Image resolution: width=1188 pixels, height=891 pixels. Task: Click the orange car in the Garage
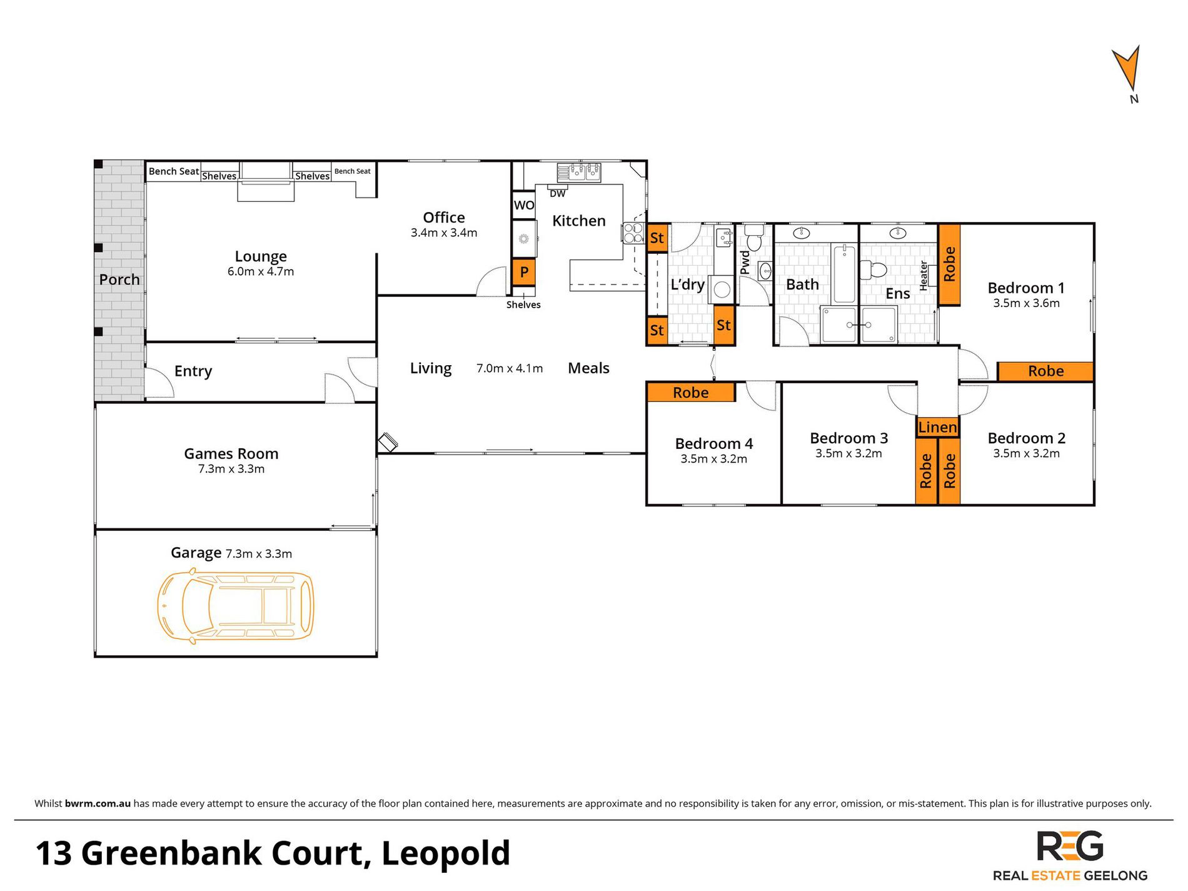235,605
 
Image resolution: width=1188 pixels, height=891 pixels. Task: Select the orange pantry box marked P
524,272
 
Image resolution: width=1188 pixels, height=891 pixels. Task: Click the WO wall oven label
524,205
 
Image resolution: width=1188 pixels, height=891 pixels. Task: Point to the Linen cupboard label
937,427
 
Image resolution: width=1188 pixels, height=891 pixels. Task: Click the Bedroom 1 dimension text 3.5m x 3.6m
1026,303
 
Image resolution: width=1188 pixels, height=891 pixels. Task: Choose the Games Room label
231,453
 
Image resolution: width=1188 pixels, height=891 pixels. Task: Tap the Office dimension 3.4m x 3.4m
444,233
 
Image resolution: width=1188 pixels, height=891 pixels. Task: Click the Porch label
119,279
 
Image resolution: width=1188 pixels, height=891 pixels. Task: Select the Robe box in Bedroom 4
691,392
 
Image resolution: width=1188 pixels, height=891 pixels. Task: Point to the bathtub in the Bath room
844,274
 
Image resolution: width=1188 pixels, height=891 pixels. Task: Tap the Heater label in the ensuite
924,276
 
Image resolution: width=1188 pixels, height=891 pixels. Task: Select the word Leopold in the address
446,853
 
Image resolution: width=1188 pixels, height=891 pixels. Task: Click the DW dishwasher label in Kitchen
557,194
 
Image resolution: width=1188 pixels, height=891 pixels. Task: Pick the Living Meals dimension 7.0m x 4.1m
510,368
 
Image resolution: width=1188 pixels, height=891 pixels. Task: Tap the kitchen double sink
579,171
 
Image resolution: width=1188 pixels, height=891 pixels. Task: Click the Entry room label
193,371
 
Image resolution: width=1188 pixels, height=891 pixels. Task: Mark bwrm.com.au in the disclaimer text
98,803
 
